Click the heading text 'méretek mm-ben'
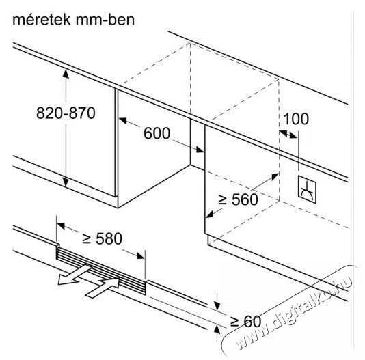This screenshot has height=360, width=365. point(74,20)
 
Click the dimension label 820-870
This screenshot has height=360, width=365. point(66,113)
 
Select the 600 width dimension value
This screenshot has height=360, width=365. point(157,133)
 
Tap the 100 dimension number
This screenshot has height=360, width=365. point(296,119)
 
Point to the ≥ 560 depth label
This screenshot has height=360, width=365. point(238,199)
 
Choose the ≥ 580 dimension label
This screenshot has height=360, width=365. point(103,238)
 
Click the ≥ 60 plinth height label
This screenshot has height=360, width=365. point(246,321)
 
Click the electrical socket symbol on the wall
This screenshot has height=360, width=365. point(307,189)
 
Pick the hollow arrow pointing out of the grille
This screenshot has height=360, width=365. point(74,275)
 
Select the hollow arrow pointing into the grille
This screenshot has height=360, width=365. point(103,288)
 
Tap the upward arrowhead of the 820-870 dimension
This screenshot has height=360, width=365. point(66,74)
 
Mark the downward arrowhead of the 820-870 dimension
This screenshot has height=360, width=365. point(66,182)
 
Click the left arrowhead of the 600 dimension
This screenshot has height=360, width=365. point(123,121)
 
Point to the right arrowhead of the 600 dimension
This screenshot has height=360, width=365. point(200,150)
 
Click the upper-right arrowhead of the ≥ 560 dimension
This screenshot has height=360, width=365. point(275,176)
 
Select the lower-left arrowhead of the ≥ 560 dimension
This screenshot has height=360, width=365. point(210,214)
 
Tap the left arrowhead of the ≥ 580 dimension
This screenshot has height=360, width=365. point(61,225)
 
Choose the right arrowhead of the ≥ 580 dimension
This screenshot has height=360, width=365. point(141,255)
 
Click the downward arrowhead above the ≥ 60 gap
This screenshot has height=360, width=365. point(217,306)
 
